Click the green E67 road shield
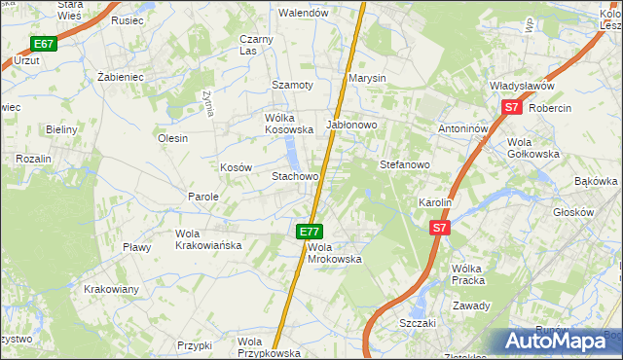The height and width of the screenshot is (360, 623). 43,44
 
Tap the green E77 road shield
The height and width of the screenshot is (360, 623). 309,232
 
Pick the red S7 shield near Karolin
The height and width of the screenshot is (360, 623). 440,228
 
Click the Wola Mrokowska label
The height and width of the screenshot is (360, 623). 334,253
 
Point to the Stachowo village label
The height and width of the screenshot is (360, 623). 295,177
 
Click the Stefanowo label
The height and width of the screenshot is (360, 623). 404,165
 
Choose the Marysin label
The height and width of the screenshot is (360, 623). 368,78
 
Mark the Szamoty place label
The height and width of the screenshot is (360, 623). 292,86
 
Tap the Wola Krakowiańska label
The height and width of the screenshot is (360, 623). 207,239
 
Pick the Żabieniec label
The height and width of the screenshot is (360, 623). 121,76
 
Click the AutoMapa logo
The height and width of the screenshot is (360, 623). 562,342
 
